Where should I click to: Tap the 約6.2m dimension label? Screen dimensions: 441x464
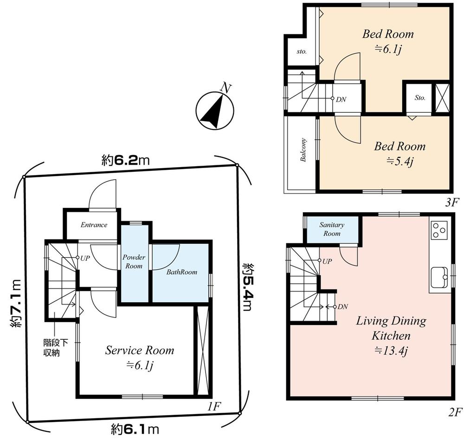(x=125, y=161)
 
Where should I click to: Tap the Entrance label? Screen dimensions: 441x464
(x=94, y=225)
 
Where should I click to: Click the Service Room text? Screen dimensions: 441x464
(x=139, y=350)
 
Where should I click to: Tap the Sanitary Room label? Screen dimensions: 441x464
(x=332, y=229)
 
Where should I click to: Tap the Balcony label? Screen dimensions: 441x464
(x=303, y=150)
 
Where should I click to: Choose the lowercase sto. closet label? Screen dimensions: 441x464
(x=302, y=52)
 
